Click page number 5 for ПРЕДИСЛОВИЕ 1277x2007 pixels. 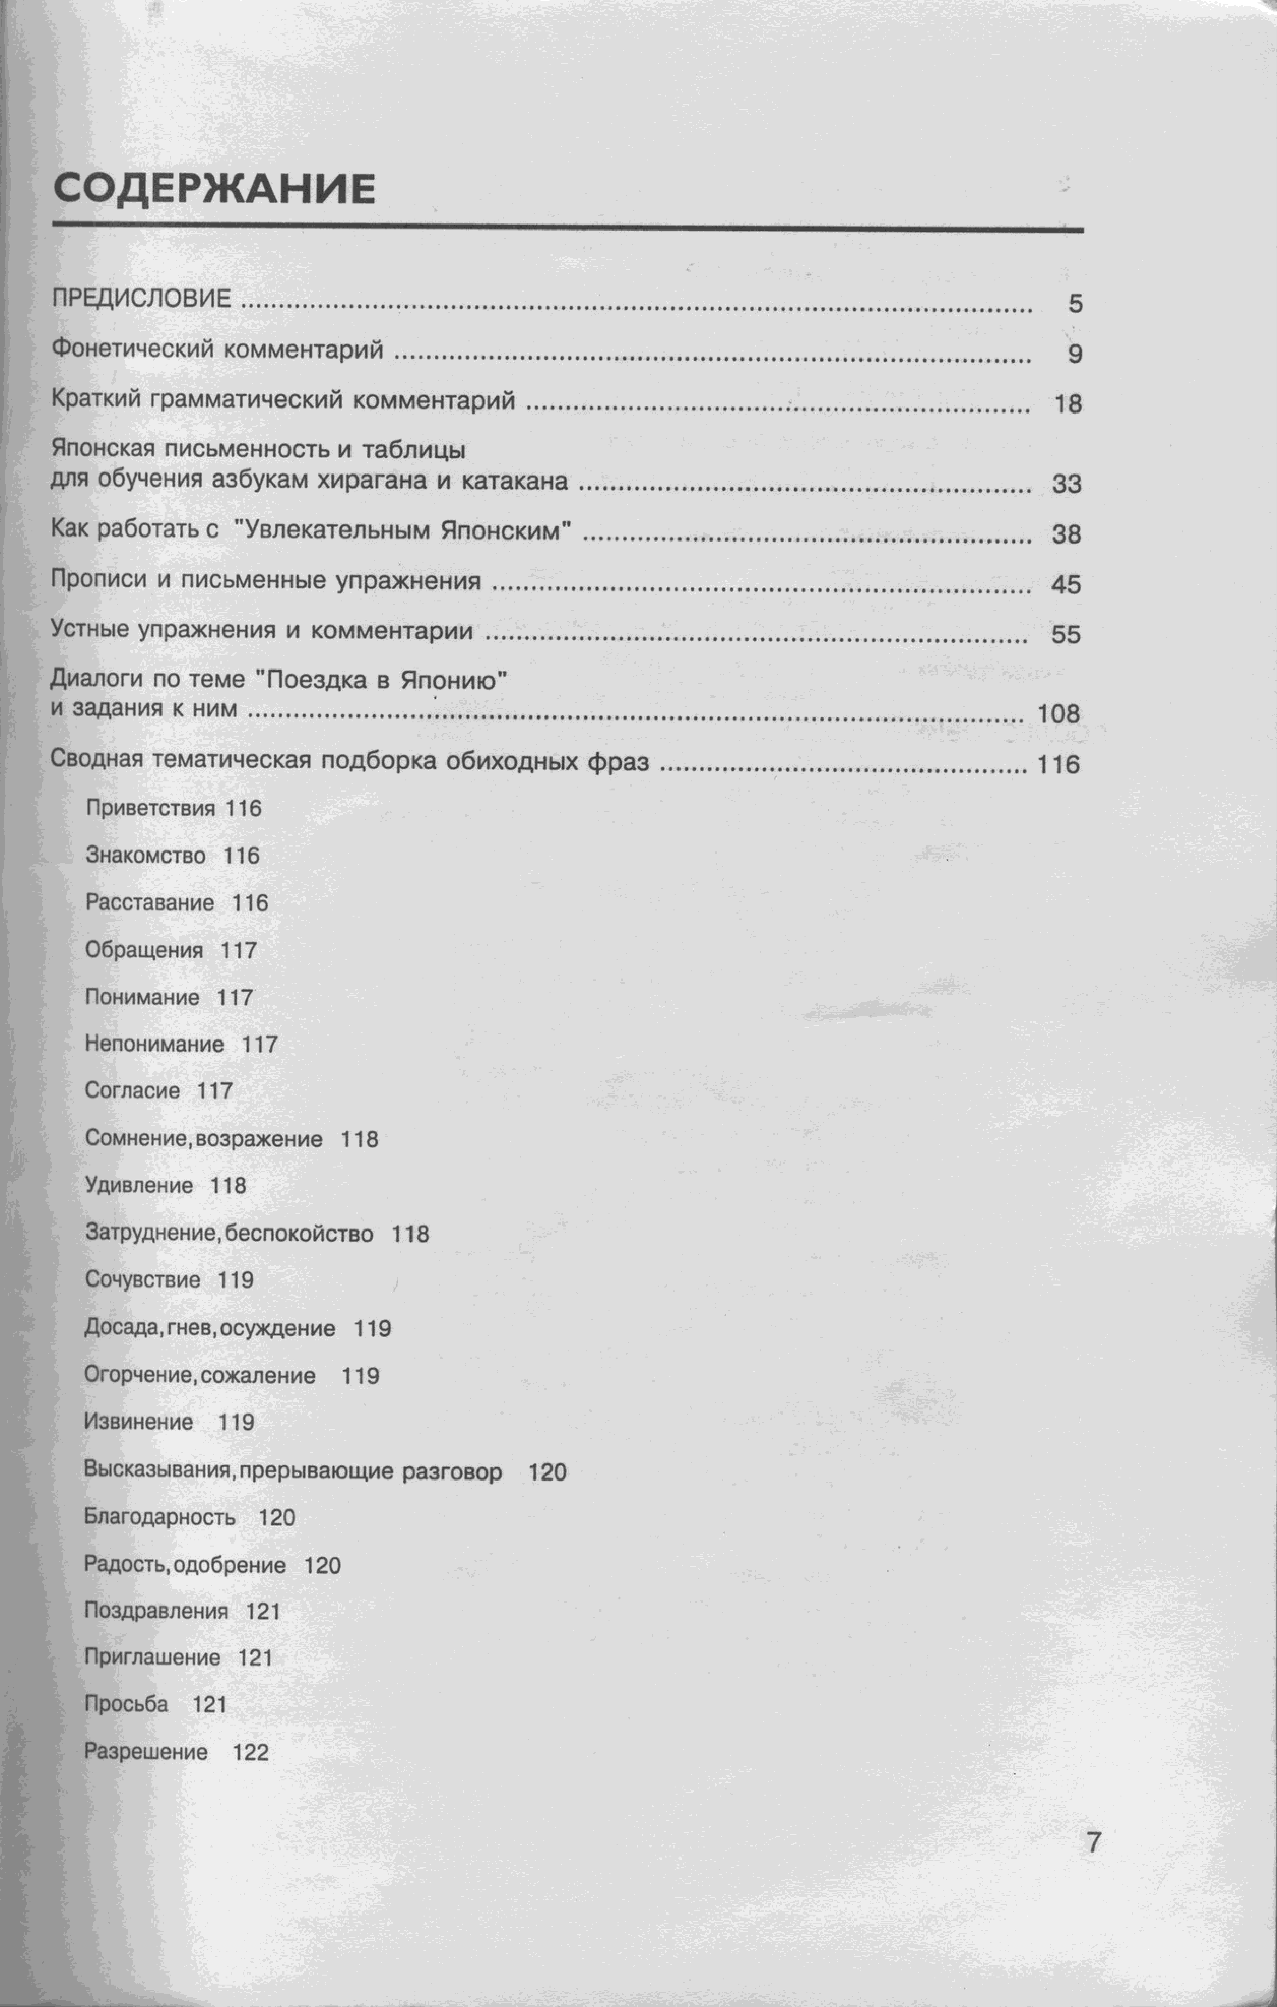tap(1075, 303)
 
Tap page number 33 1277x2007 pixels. tap(1066, 483)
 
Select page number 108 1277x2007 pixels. tap(1058, 714)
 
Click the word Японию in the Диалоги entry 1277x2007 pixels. tap(454, 680)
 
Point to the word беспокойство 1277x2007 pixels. tap(299, 1234)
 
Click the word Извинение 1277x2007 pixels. tap(138, 1422)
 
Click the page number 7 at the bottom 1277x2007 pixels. tap(1093, 1841)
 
